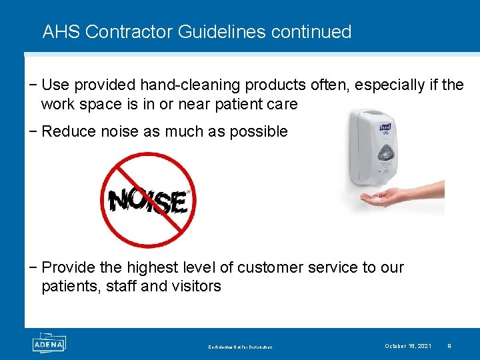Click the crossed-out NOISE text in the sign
click(x=147, y=200)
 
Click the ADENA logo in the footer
click(x=48, y=343)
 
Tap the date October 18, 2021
click(x=407, y=345)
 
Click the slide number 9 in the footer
click(x=449, y=345)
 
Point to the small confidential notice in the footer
click(x=240, y=347)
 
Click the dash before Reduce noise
click(x=34, y=131)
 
